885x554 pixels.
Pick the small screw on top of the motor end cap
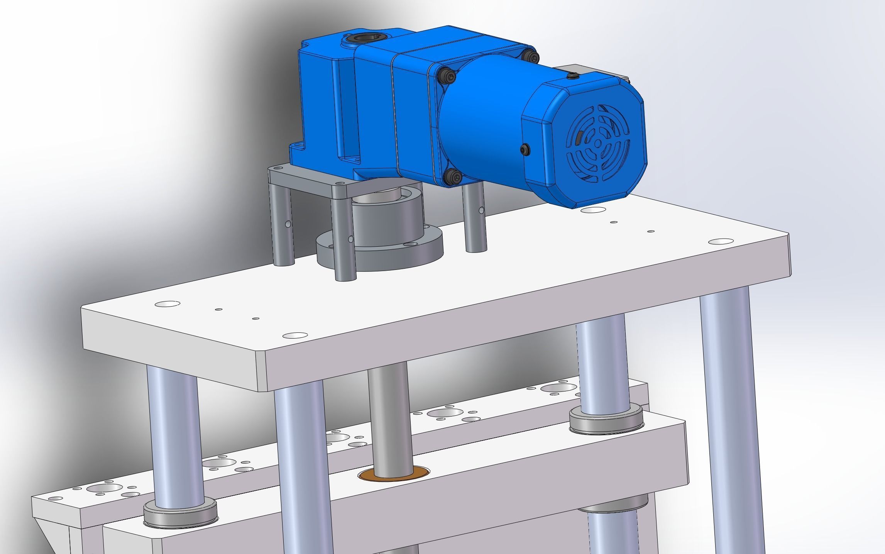click(572, 76)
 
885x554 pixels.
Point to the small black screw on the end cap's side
click(525, 148)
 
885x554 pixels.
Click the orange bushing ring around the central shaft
click(394, 475)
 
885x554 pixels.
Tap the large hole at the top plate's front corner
click(295, 335)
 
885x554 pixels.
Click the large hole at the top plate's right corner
click(721, 241)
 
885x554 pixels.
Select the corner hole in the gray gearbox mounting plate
click(339, 185)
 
